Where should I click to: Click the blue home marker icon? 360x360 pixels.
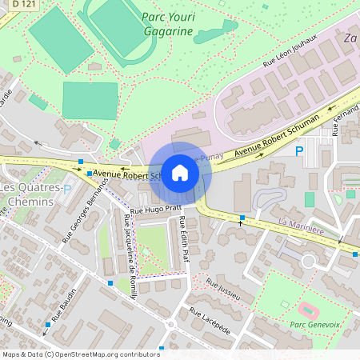point(180,173)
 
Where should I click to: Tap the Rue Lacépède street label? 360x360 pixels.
point(210,321)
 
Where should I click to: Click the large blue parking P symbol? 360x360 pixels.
point(300,150)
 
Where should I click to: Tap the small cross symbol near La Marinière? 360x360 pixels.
point(239,225)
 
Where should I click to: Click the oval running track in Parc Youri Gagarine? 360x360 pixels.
point(117,27)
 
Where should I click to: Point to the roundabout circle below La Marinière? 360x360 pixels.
point(308,261)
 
